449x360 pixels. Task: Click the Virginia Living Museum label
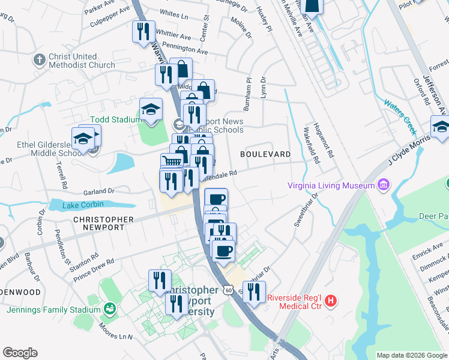click(x=331, y=185)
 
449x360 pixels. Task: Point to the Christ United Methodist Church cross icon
click(x=40, y=60)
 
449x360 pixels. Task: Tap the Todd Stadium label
click(x=115, y=119)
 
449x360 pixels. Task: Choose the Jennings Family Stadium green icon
click(x=109, y=310)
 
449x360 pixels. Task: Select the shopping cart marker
click(x=172, y=161)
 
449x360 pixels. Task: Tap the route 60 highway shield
click(x=228, y=290)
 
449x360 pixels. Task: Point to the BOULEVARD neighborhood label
click(x=265, y=154)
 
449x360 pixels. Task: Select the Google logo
click(x=20, y=353)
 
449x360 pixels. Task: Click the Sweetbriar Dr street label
click(x=305, y=209)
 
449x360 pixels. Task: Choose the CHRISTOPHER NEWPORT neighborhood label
click(x=98, y=223)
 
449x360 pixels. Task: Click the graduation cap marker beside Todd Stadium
click(x=151, y=110)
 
